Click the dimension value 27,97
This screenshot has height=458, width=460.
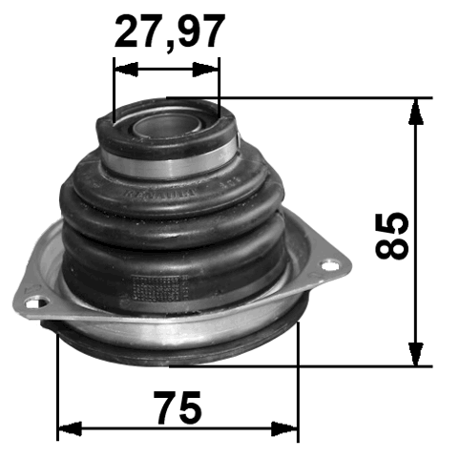click(x=170, y=31)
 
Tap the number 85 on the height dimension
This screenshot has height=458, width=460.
click(x=392, y=235)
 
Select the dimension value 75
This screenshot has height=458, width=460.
click(x=178, y=408)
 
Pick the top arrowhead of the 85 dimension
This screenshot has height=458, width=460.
click(x=416, y=109)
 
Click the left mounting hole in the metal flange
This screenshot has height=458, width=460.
click(x=36, y=305)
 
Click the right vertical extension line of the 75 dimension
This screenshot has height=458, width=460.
click(x=299, y=382)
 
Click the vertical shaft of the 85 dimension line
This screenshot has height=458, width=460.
click(x=416, y=172)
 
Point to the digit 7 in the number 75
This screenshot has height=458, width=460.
click(x=165, y=408)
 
